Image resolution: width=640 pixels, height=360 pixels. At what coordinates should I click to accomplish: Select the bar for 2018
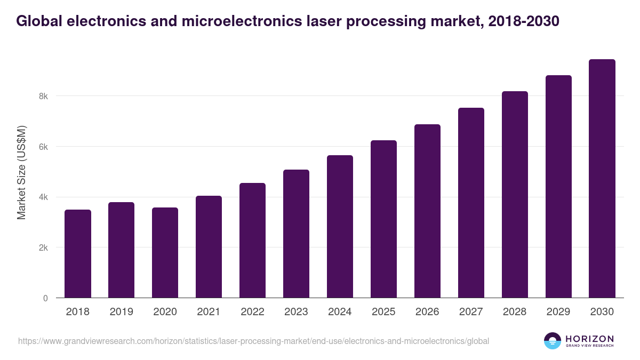78,254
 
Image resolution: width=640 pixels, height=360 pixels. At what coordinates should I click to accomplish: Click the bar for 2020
165,253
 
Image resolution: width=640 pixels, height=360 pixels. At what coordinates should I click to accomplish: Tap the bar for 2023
297,234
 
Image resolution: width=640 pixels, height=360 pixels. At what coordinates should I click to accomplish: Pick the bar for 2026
428,211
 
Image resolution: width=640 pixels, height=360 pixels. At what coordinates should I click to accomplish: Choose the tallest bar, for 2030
602,179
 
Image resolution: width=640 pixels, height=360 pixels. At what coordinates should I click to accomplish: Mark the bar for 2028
515,195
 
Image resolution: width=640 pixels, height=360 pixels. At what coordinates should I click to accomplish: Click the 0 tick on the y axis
45,298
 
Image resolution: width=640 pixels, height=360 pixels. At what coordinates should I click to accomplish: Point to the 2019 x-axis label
122,312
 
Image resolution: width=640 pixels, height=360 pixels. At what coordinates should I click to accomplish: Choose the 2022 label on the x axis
253,312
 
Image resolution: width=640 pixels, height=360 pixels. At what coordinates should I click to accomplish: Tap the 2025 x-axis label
384,312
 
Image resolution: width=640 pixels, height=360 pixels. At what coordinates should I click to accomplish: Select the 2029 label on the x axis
558,312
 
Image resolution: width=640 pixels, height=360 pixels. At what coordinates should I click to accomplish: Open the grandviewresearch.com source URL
253,341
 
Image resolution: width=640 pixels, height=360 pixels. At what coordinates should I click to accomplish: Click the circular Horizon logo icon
553,341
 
